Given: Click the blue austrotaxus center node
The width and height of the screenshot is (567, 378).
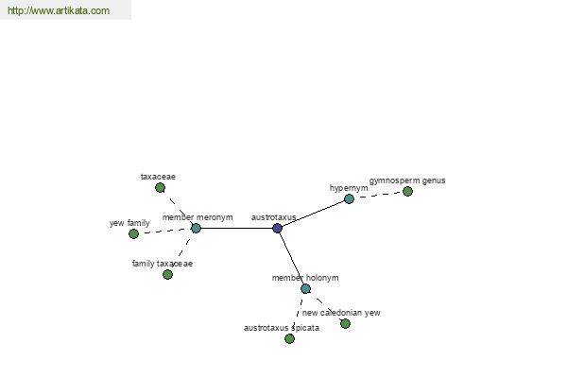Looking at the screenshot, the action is (277, 229).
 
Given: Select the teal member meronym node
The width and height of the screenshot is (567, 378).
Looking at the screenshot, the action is (196, 229).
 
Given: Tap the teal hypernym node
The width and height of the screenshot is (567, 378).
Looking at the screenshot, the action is (349, 198).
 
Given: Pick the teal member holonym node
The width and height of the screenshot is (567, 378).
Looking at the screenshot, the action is (305, 288).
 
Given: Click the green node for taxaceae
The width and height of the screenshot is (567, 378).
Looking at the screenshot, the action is (161, 188).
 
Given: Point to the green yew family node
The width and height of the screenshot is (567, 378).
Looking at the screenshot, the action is (134, 233).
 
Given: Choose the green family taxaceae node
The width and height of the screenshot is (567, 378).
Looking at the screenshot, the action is (167, 275).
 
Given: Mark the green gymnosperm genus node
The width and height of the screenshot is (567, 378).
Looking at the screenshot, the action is (407, 191).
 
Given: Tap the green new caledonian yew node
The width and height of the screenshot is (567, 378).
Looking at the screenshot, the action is (345, 324).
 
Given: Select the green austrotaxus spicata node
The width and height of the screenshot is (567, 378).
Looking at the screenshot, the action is (289, 338).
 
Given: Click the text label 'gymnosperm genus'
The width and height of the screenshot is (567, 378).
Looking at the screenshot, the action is (407, 180).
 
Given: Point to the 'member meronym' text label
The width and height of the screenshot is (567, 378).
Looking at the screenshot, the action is (198, 217).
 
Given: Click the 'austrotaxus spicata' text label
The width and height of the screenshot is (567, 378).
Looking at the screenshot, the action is (282, 328).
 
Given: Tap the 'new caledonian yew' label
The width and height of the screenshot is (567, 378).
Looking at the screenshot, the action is (341, 313).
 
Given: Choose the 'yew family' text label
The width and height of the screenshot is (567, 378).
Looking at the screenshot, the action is (129, 223).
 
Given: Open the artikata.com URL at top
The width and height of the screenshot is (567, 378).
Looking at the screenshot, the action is (59, 10).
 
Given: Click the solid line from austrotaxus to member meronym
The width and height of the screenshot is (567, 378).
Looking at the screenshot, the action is (236, 229).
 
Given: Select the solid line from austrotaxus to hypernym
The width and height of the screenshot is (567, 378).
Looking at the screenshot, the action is (313, 214).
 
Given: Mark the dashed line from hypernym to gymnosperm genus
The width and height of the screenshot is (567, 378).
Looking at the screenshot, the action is (378, 195).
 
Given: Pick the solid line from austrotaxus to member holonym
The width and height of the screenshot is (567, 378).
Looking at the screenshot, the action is (291, 259).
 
